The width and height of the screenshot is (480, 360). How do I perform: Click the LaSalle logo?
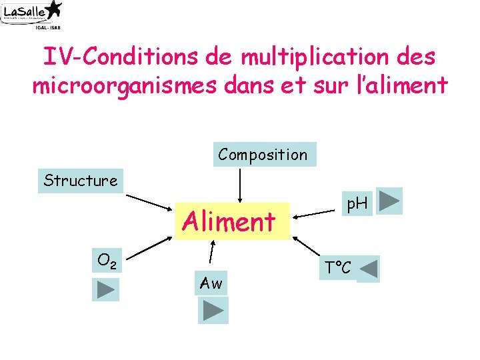tap(32, 14)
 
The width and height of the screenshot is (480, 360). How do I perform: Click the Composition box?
tap(263, 155)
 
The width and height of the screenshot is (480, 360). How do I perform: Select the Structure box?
tap(80, 180)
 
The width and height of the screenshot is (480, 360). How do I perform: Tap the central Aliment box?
tap(229, 221)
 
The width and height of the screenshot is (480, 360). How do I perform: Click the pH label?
tap(357, 203)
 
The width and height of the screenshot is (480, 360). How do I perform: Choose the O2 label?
tap(107, 260)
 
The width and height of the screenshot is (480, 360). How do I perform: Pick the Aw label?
tap(211, 283)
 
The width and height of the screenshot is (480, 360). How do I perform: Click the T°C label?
tap(338, 269)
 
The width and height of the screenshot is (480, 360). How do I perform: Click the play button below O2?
tap(105, 289)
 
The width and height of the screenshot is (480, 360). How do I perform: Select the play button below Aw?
tap(213, 310)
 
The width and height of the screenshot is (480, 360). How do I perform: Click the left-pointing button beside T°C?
tap(368, 269)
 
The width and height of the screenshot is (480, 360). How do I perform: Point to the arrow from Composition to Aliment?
tap(239, 183)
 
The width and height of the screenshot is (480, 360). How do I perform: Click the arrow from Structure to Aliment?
tap(150, 202)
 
